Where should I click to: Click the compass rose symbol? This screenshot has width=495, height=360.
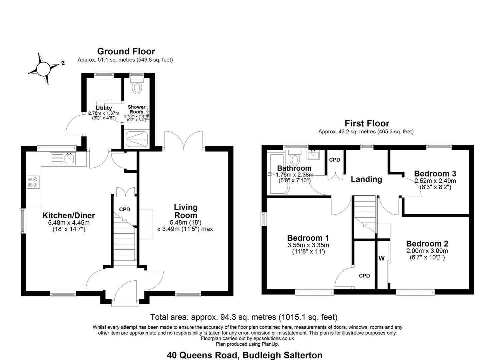[x=44, y=69]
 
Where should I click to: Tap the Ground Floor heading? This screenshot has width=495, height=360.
[x=126, y=51]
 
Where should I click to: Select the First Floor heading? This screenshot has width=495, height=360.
[x=367, y=123]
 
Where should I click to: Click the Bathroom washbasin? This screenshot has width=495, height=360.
[x=313, y=154]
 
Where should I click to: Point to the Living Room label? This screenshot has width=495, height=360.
[x=185, y=211]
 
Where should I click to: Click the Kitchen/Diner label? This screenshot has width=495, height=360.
[x=69, y=215]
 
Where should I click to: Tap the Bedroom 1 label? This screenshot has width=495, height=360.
[x=308, y=238]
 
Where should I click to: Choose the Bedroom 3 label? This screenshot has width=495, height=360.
[x=435, y=174]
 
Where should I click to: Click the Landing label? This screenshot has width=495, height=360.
[x=366, y=179]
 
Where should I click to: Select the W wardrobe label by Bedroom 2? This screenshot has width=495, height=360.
[x=382, y=258]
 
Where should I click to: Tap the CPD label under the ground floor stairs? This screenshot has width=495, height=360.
[x=125, y=209]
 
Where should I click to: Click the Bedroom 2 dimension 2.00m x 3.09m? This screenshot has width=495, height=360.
[x=427, y=251]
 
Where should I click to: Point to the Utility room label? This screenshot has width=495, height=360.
[x=104, y=108]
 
